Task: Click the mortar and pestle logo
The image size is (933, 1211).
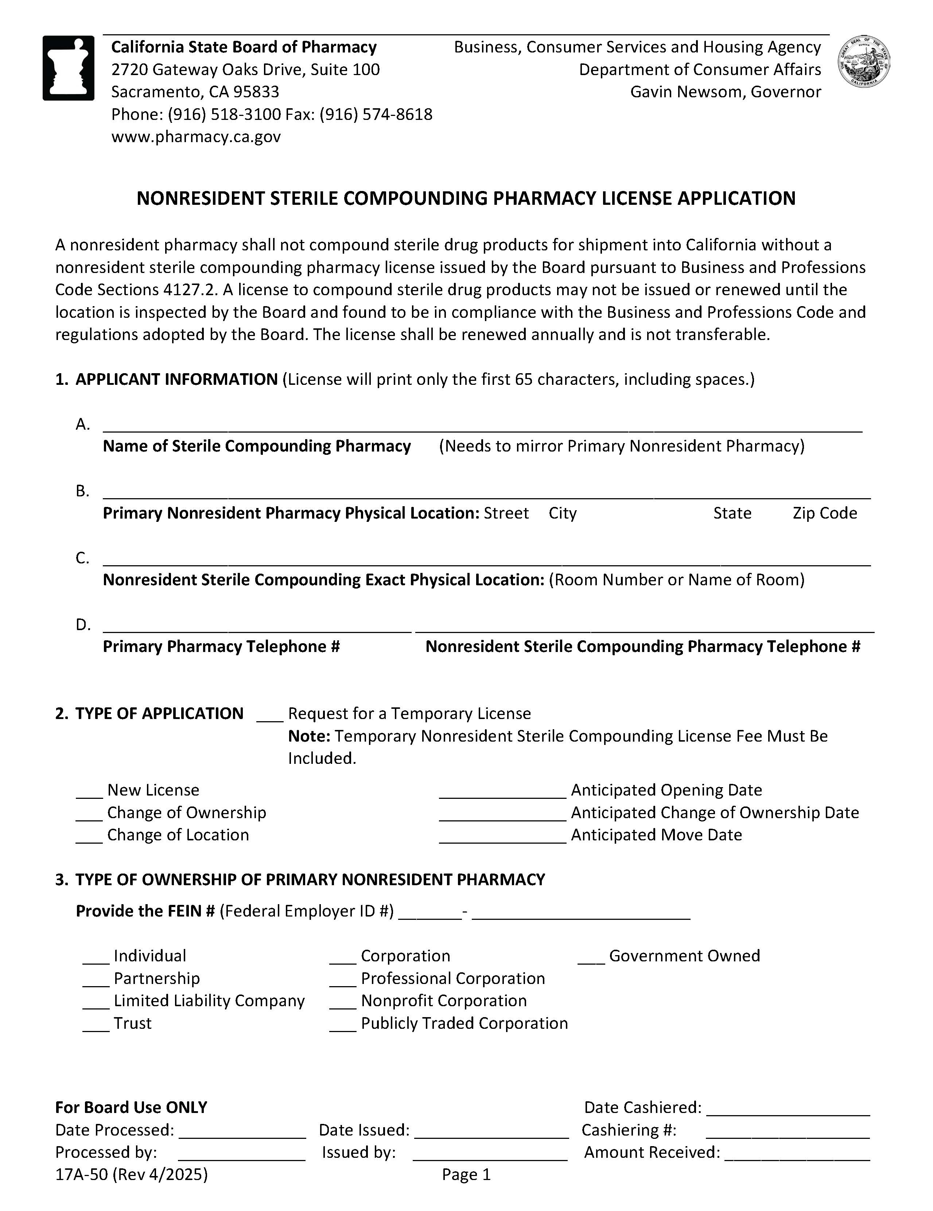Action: (x=68, y=68)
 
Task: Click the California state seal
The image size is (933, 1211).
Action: (x=864, y=62)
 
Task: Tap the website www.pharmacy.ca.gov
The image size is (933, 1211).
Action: (x=196, y=136)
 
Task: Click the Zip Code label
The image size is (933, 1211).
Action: (x=824, y=513)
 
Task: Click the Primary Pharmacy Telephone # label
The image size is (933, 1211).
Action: (x=221, y=646)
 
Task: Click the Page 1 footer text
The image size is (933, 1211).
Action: (x=466, y=1175)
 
